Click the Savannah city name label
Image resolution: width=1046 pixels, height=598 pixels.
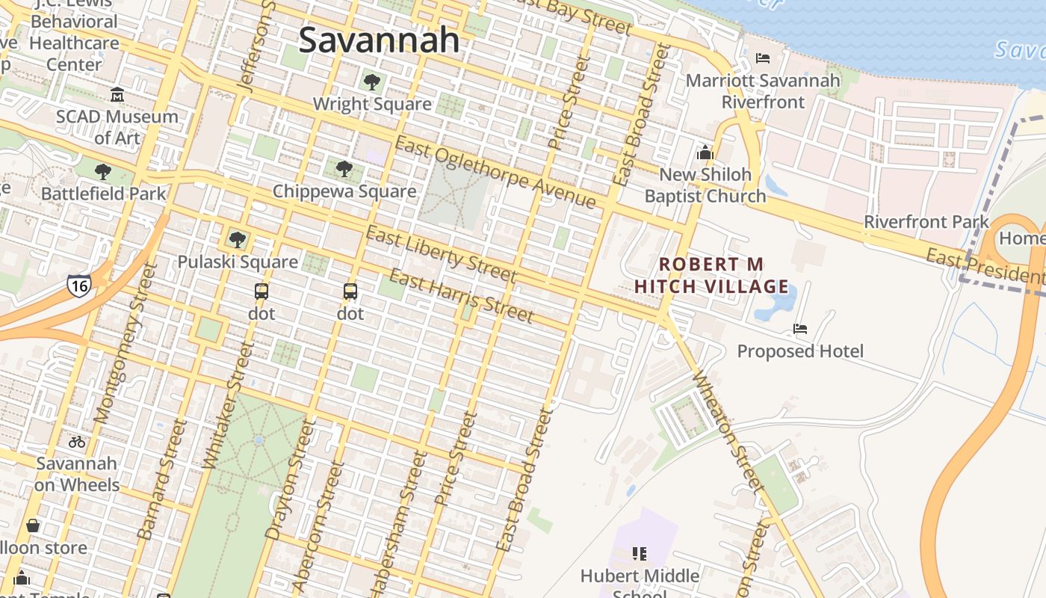(379, 40)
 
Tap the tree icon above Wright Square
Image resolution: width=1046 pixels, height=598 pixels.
(371, 81)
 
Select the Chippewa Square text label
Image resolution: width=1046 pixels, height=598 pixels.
(344, 191)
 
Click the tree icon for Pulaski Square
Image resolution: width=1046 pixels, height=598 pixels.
(238, 240)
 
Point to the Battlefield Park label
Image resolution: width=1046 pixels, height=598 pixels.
(104, 194)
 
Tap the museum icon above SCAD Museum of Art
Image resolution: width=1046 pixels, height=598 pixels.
(117, 95)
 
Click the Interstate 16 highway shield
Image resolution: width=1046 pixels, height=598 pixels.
(79, 285)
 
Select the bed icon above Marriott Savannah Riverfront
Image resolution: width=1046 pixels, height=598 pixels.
(763, 58)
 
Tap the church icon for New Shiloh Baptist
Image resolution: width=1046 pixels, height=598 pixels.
(705, 153)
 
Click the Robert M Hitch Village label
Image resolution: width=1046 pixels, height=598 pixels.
(711, 275)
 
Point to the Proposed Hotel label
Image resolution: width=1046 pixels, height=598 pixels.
(800, 351)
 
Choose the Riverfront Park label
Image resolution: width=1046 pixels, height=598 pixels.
(926, 222)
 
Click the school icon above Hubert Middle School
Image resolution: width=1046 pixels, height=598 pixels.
(639, 554)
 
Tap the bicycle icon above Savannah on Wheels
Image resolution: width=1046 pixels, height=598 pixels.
(77, 442)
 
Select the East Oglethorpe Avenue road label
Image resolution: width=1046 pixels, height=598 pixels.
(495, 173)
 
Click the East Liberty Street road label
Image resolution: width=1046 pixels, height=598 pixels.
(441, 254)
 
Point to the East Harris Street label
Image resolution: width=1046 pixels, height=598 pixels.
(461, 297)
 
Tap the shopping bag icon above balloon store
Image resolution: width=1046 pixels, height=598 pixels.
(33, 525)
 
